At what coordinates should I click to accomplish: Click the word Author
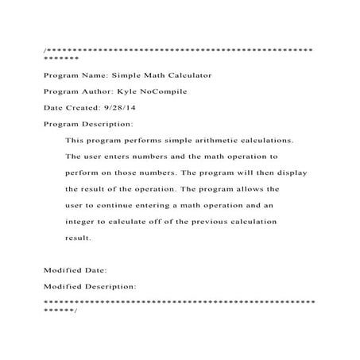tap(99, 92)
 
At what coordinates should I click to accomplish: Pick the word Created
tap(76, 108)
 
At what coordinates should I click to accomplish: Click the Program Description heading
tap(87, 125)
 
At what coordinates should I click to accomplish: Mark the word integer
tap(81, 223)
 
